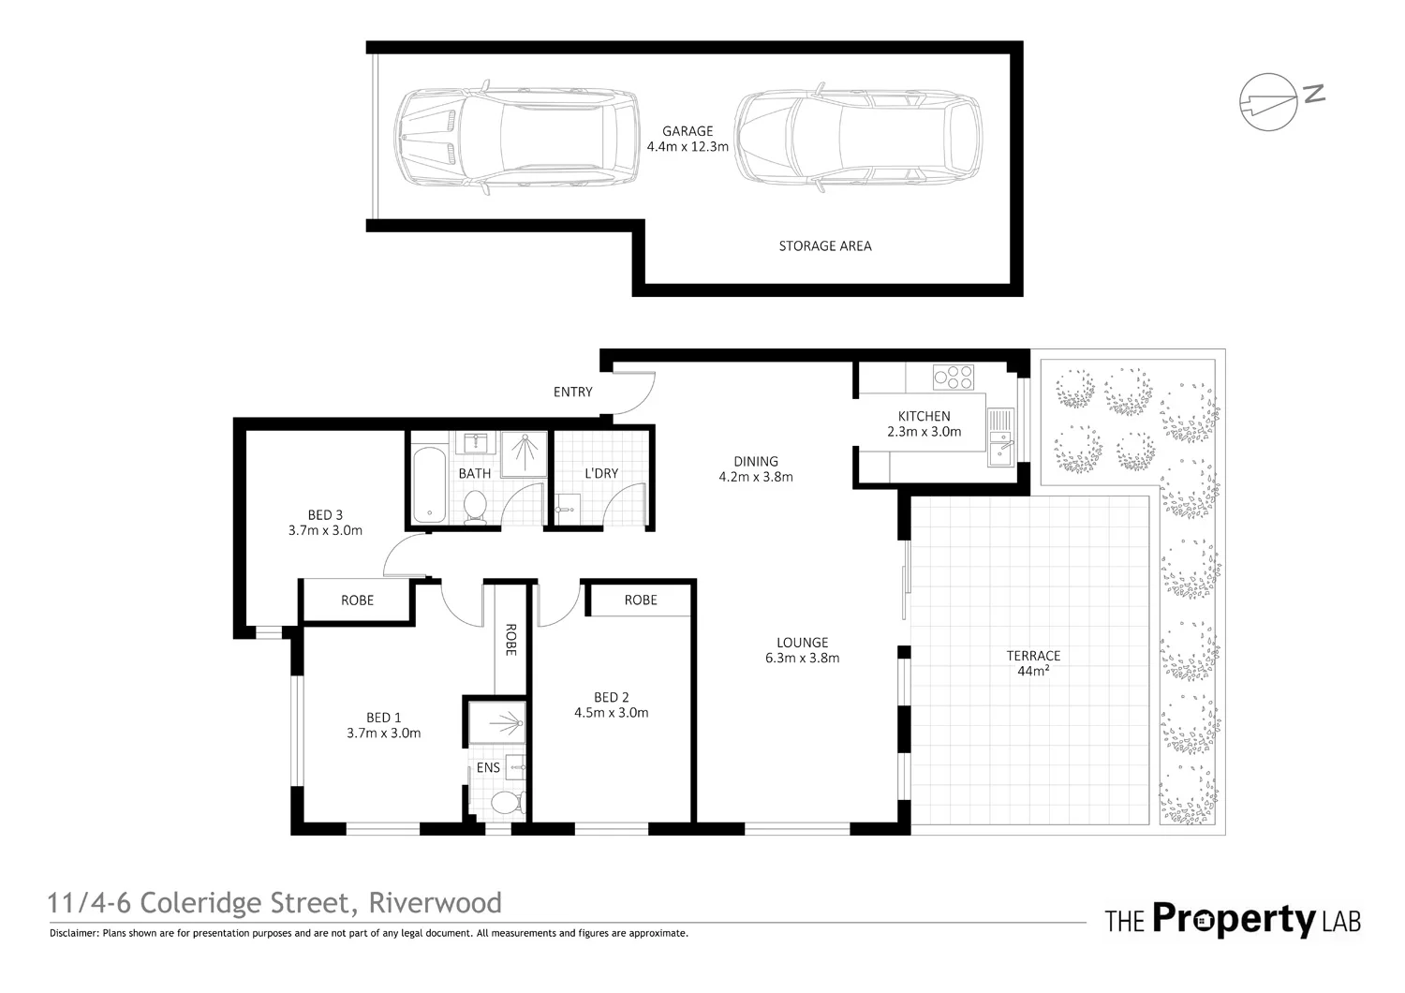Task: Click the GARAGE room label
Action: point(688,131)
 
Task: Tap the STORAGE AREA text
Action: point(825,245)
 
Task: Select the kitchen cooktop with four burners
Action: point(953,378)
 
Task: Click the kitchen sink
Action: point(1000,437)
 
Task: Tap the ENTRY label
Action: point(572,393)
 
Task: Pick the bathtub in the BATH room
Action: point(429,484)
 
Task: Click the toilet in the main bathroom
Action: point(476,507)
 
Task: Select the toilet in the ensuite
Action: point(508,802)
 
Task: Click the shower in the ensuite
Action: point(497,723)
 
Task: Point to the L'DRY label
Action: point(601,473)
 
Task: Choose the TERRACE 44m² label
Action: point(1033,663)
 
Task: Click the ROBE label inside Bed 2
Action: point(641,600)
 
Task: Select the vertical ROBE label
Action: point(510,640)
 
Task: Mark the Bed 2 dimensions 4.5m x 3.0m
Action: point(611,713)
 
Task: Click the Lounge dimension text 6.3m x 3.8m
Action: point(802,658)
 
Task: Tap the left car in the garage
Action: point(517,137)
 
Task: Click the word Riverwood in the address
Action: point(435,903)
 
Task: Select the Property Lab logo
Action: point(1233,920)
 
